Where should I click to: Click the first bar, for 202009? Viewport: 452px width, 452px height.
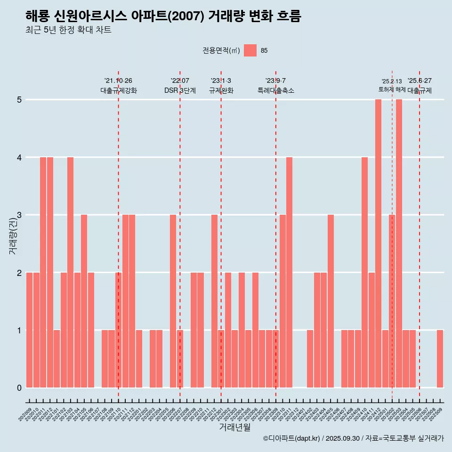(29, 330)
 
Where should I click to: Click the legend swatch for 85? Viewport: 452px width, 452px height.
(250, 50)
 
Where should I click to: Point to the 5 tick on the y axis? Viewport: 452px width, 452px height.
(19, 100)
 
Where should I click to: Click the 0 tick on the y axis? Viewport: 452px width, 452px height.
(19, 388)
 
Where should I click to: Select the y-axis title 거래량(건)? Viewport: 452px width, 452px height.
(13, 235)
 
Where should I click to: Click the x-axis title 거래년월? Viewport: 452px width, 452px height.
(234, 427)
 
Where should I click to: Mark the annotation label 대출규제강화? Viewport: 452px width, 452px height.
(119, 91)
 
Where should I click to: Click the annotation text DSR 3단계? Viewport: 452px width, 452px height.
(180, 91)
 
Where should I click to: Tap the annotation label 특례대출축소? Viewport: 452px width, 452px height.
(276, 91)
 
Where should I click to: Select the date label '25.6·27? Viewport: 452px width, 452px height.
(420, 81)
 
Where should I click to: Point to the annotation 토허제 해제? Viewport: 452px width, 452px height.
(392, 89)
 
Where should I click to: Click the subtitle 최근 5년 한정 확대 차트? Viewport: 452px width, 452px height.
(69, 30)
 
